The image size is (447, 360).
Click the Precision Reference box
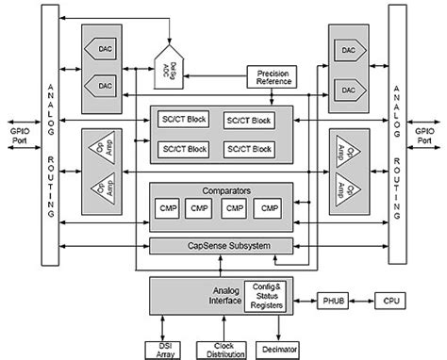[x=273, y=78]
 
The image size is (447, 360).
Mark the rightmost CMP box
[x=270, y=208]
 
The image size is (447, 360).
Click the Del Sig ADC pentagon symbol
[x=174, y=66]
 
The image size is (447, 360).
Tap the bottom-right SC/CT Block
[x=248, y=150]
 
